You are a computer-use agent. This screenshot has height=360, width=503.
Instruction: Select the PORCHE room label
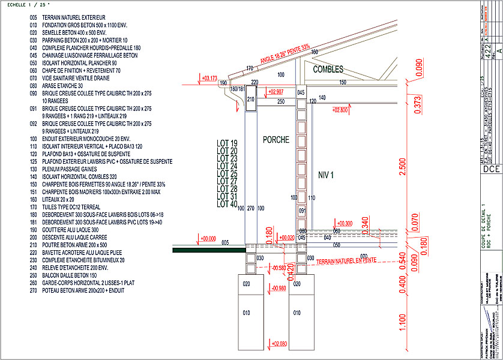pyautogui.click(x=276, y=140)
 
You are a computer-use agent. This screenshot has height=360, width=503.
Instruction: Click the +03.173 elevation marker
pyautogui.click(x=209, y=78)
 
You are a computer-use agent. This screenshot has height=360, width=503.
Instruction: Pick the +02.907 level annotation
pyautogui.click(x=276, y=92)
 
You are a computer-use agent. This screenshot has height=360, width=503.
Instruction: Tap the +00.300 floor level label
pyautogui.click(x=345, y=223)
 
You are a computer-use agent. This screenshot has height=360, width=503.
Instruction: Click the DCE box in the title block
pyautogui.click(x=491, y=170)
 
